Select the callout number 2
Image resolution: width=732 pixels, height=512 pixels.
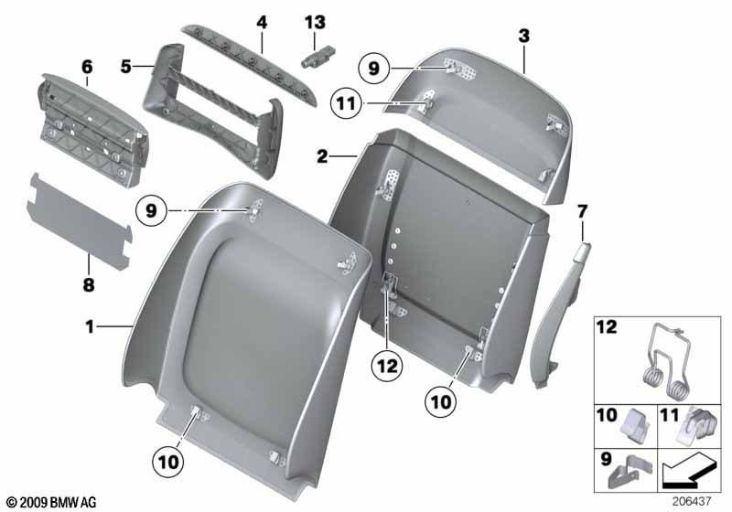point(322,157)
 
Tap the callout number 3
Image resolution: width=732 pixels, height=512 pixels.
point(523,36)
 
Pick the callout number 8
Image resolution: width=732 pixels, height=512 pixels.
point(89,285)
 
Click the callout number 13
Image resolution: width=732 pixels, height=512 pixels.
point(315,21)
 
